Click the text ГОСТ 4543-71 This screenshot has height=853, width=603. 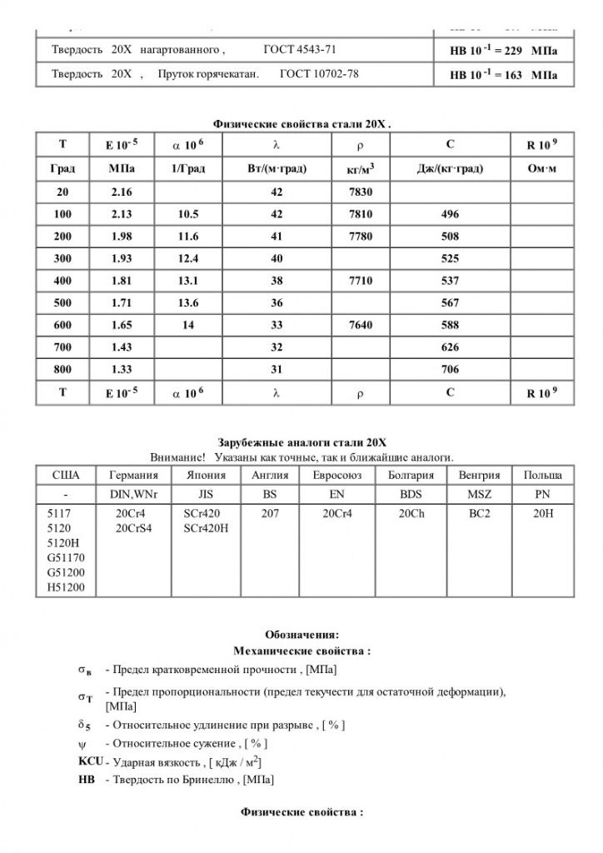pyautogui.click(x=300, y=50)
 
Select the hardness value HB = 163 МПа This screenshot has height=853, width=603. pyautogui.click(x=503, y=75)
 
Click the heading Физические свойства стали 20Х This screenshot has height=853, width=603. pyautogui.click(x=301, y=124)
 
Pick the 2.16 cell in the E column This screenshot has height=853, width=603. pyautogui.click(x=122, y=192)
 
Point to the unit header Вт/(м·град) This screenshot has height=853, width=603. pyautogui.click(x=277, y=168)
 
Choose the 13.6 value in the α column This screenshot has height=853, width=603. pyautogui.click(x=188, y=301)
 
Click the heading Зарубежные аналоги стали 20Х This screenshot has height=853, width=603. pyautogui.click(x=301, y=443)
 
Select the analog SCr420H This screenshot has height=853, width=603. pyautogui.click(x=206, y=528)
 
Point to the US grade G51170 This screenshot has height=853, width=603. pyautogui.click(x=70, y=556)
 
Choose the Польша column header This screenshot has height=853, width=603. pyautogui.click(x=542, y=475)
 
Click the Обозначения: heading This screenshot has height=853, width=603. pyautogui.click(x=301, y=635)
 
